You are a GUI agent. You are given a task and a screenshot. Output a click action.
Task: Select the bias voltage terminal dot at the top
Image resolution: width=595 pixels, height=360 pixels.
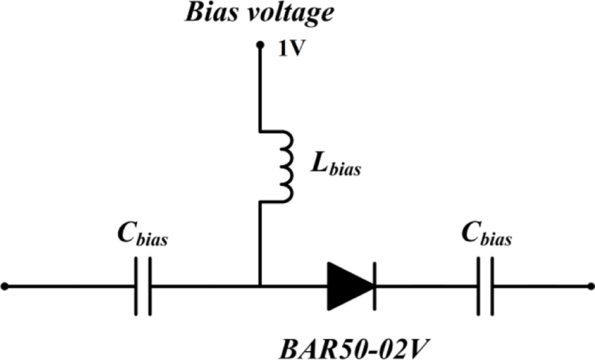(260, 46)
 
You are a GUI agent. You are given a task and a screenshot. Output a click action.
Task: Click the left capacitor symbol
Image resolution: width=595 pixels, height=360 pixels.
(144, 286)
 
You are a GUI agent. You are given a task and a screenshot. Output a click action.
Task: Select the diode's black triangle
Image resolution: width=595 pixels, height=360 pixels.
(347, 286)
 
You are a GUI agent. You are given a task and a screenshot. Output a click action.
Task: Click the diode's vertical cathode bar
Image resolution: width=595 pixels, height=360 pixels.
(373, 286)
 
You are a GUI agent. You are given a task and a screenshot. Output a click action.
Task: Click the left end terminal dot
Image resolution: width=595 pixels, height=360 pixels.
(5, 286)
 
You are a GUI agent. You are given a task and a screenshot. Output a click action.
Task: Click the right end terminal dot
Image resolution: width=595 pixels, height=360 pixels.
(591, 286)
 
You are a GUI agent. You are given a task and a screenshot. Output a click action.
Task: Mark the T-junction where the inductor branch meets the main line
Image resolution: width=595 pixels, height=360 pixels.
(260, 286)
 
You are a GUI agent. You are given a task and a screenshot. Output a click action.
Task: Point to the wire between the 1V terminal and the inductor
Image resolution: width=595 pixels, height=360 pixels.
(260, 89)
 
